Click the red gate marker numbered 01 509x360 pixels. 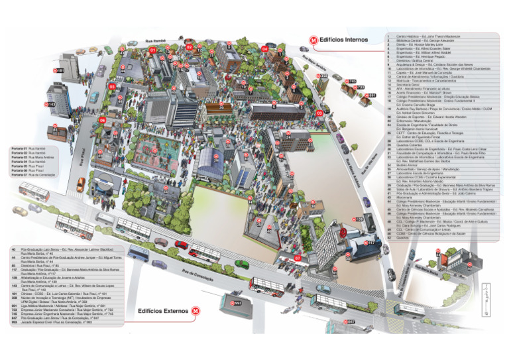pyautogui.click(x=153, y=50)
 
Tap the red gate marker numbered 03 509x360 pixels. pyautogui.click(x=319, y=113)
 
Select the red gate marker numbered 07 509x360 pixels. pyautogui.click(x=298, y=257)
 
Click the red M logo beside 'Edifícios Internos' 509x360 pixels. pyautogui.click(x=314, y=40)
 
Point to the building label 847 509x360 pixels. pyautogui.click(x=351, y=322)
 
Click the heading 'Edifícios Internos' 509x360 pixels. pyautogui.click(x=344, y=40)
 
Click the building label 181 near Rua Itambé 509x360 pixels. pyautogui.click(x=59, y=70)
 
